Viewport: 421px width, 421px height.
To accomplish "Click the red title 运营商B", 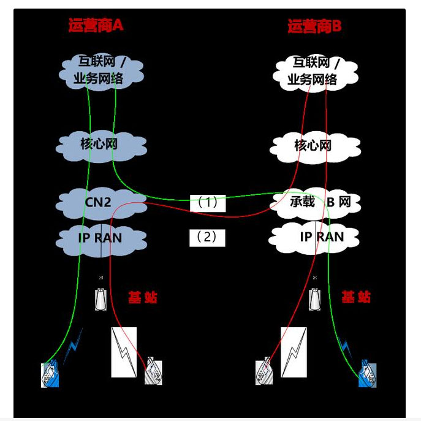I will click(x=314, y=26).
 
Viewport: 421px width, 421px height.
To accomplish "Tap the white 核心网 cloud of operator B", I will click(x=313, y=146).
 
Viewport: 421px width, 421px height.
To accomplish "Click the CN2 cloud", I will click(x=98, y=202).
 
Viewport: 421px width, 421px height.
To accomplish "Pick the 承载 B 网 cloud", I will click(x=320, y=202).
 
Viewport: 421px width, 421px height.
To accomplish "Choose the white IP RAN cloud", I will click(x=313, y=237).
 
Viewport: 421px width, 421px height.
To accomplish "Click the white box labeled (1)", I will click(x=207, y=203).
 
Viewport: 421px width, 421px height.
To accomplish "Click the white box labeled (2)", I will click(x=207, y=237).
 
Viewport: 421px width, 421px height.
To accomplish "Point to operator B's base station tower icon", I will click(x=314, y=298).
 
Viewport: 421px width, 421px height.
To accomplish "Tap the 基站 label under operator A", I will click(x=142, y=298).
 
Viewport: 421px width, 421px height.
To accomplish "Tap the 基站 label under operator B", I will click(x=355, y=298).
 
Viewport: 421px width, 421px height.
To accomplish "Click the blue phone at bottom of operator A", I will click(x=50, y=374).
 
